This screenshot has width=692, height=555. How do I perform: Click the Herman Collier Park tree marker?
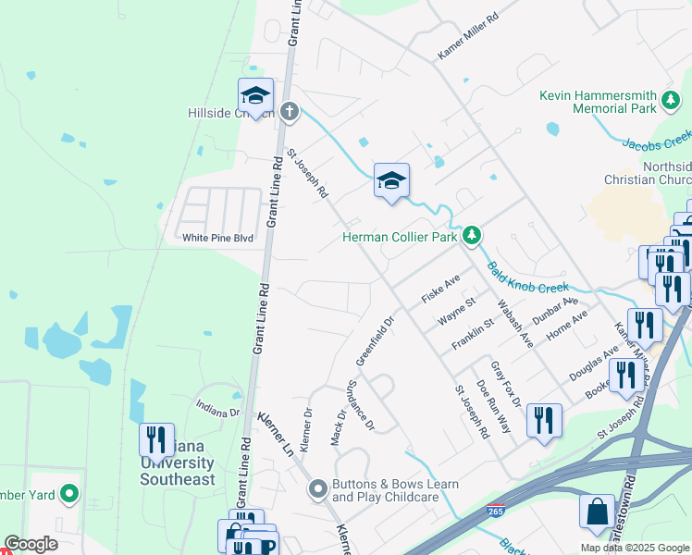473,236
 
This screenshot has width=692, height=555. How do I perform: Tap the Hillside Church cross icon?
289,113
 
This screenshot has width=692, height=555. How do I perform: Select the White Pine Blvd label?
217,238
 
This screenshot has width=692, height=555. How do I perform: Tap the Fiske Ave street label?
441,290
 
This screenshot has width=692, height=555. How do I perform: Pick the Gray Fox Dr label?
506,383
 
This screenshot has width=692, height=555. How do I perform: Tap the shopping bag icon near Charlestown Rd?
597,511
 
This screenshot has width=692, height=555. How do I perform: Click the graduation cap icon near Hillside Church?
255,94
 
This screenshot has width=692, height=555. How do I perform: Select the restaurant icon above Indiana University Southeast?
156,439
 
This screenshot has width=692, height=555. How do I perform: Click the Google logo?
31,545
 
